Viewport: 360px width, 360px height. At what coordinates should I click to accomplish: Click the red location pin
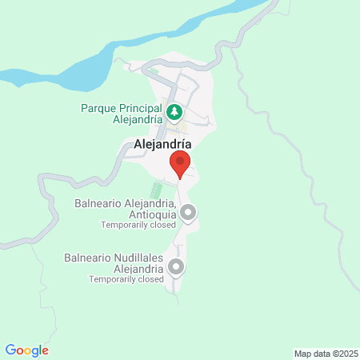(x=180, y=165)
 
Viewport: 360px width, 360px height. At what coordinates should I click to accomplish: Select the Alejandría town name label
(x=158, y=145)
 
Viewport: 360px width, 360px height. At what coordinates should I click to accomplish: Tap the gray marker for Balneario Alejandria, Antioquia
(x=188, y=213)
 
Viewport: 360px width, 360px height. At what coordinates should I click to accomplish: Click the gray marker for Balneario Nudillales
(x=176, y=267)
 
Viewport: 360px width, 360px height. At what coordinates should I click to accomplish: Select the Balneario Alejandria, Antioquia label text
(x=125, y=209)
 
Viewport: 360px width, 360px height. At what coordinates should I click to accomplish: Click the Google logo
(x=27, y=350)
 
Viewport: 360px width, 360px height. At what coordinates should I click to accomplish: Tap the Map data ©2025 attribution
(x=325, y=353)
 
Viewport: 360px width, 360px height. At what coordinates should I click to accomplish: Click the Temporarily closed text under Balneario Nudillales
(x=126, y=279)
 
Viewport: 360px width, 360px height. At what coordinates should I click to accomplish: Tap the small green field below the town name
(x=157, y=190)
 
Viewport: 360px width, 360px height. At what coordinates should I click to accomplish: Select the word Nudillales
(x=139, y=258)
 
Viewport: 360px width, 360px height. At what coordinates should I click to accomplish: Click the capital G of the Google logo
(x=10, y=350)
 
